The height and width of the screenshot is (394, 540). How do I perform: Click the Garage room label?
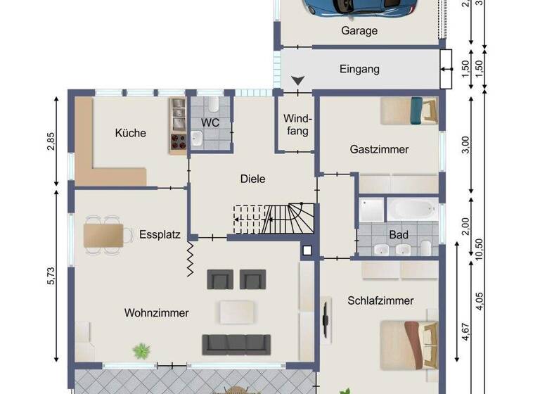click(359, 31)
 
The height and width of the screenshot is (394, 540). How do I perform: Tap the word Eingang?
click(359, 69)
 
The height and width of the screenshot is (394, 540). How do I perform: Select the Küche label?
click(130, 132)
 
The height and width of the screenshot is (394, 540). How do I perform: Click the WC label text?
click(210, 122)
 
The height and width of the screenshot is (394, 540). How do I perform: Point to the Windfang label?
click(297, 125)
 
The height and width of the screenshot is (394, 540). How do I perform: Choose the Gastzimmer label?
click(379, 149)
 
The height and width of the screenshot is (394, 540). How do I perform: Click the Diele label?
click(252, 179)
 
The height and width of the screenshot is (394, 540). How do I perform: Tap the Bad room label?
click(399, 234)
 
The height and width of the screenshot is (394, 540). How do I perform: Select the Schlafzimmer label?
click(380, 300)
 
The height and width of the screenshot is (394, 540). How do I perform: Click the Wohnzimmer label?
click(157, 312)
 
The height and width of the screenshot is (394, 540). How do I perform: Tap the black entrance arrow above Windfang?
click(298, 82)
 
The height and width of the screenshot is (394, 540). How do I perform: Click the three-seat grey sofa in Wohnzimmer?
click(236, 343)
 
